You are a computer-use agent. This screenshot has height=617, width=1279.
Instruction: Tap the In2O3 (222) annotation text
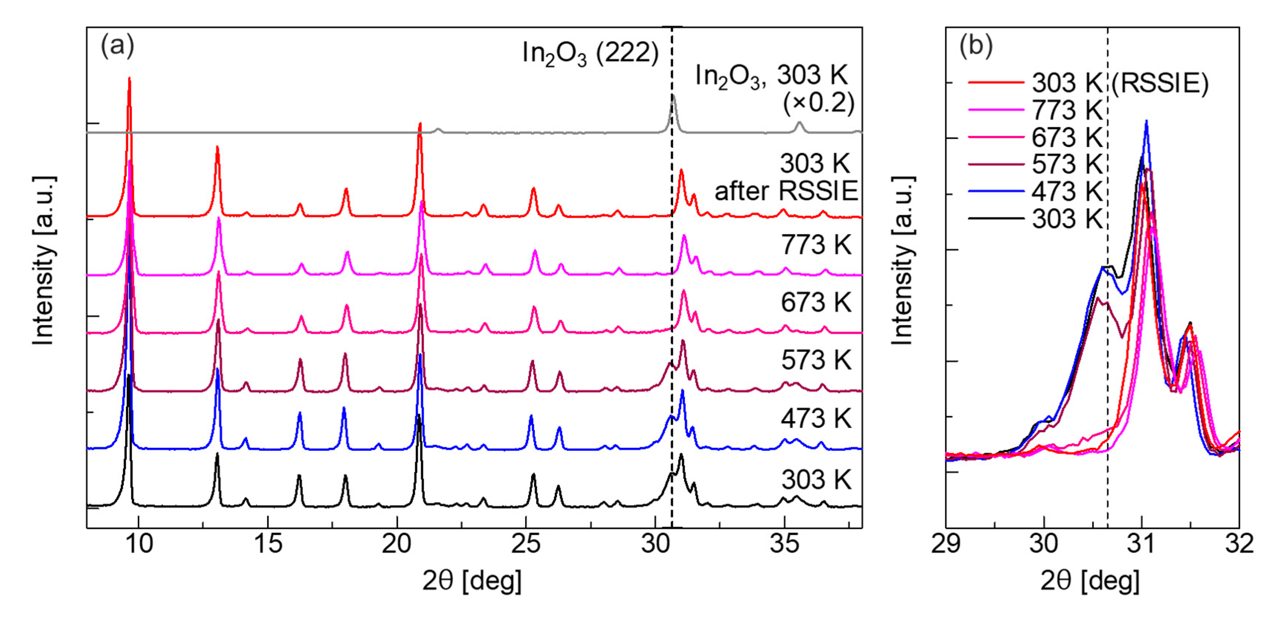click(x=590, y=53)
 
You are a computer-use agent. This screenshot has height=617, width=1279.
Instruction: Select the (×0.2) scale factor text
click(x=818, y=103)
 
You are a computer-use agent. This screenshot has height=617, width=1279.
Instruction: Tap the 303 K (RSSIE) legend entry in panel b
click(x=1087, y=83)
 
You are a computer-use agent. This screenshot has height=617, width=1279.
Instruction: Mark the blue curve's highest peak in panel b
click(x=1146, y=121)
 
